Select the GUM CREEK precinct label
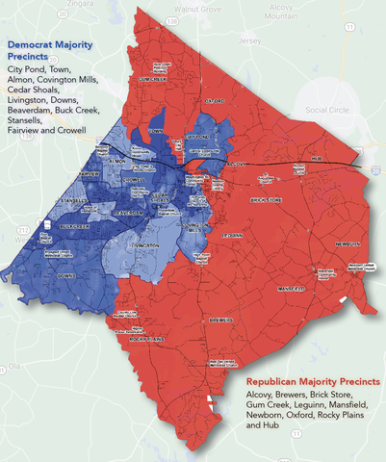point(154,79)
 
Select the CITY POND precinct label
point(196,137)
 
